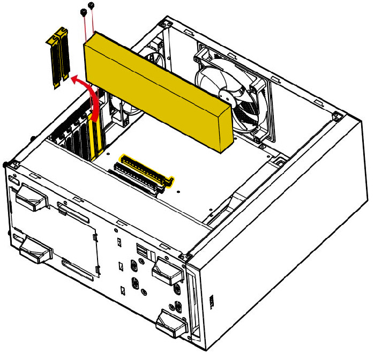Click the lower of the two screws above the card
[83, 12]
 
